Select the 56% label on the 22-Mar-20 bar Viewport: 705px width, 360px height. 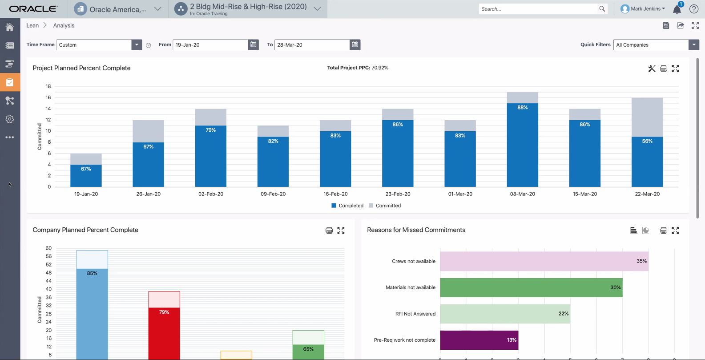pos(647,141)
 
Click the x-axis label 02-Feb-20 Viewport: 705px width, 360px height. pos(211,194)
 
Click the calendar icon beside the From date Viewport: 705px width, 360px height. pos(253,44)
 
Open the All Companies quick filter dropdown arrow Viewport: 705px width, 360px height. pos(694,44)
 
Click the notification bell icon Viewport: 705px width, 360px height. pos(677,9)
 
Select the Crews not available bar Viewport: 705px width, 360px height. pos(544,261)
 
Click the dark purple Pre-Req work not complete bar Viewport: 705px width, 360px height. pos(479,340)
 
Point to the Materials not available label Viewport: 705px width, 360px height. pos(410,287)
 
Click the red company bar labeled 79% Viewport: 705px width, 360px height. pos(164,334)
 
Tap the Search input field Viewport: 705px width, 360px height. pos(538,9)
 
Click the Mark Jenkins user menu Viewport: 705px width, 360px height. pos(643,9)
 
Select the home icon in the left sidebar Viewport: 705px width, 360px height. pos(10,27)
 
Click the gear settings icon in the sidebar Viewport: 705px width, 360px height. pos(10,119)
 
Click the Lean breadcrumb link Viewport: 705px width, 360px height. pos(32,25)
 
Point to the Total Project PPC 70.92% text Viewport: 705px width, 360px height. pos(358,68)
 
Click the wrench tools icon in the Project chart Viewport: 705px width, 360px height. pos(652,69)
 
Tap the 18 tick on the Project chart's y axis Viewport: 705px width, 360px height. pos(48,86)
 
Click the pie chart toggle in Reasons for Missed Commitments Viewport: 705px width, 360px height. pos(645,231)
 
